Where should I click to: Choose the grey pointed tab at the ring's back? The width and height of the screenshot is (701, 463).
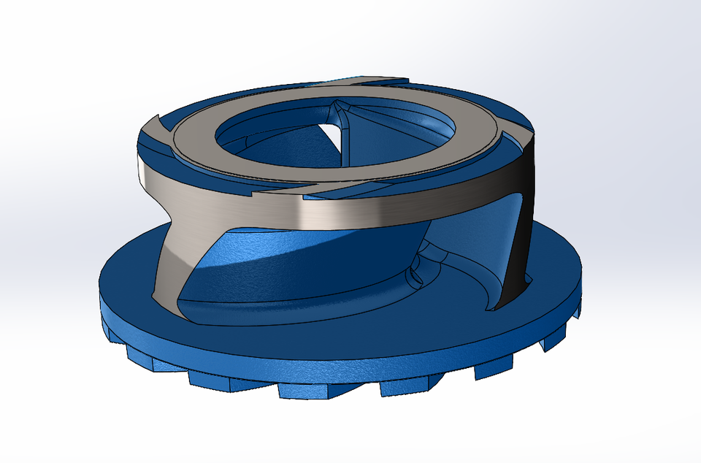pyautogui.click(x=380, y=80)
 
